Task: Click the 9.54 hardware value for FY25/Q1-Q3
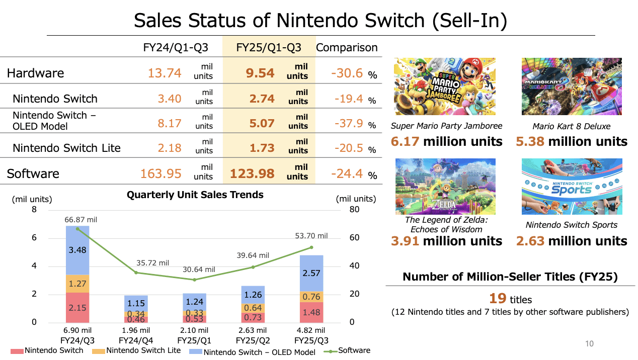pyautogui.click(x=260, y=73)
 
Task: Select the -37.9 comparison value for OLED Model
pyautogui.click(x=347, y=123)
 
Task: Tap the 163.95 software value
pyautogui.click(x=161, y=173)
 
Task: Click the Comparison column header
pyautogui.click(x=347, y=48)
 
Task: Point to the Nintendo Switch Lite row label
pyautogui.click(x=66, y=148)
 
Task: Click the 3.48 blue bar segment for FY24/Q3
pyautogui.click(x=77, y=250)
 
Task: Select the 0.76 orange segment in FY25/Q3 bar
pyautogui.click(x=311, y=297)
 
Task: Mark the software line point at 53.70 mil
pyautogui.click(x=311, y=247)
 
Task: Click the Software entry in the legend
pyautogui.click(x=354, y=350)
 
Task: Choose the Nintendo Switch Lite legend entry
pyautogui.click(x=143, y=350)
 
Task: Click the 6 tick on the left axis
pyautogui.click(x=34, y=238)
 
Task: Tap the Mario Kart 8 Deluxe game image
pyautogui.click(x=572, y=87)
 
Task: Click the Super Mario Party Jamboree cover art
pyautogui.click(x=445, y=87)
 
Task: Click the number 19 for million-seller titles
pyautogui.click(x=498, y=298)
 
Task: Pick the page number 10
pyautogui.click(x=589, y=344)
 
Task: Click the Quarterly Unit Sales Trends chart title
pyautogui.click(x=195, y=195)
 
